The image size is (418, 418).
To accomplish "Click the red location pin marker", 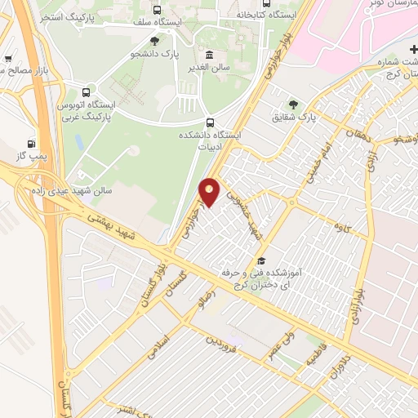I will click(x=210, y=191).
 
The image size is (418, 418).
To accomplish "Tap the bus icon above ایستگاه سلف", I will click(x=157, y=10).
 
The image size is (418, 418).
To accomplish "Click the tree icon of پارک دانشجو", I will click(x=154, y=41).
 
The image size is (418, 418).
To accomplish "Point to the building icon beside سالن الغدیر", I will click(x=211, y=55).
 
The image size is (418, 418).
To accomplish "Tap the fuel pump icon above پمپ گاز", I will click(x=32, y=143).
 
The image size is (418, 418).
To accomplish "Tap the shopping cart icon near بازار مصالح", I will click(x=8, y=59).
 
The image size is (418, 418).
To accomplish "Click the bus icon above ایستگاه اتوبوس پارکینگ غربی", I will click(x=86, y=91).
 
